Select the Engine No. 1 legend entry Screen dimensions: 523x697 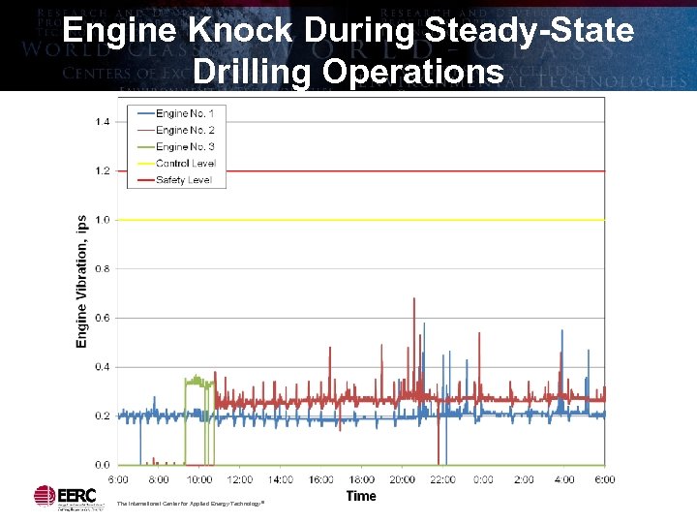point(185,114)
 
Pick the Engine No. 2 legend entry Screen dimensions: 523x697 point(185,130)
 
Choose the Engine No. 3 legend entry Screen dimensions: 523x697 point(185,146)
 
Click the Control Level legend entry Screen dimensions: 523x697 point(186,164)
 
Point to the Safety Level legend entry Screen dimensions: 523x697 point(184,180)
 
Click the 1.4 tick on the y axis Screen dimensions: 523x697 point(103,121)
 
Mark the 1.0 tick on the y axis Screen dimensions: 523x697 point(103,220)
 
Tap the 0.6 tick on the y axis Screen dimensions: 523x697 point(103,318)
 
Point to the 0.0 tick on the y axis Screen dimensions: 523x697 point(103,465)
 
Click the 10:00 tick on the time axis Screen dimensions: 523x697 point(199,479)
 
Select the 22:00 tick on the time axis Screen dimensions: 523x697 point(442,479)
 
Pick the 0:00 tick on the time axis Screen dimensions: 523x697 point(483,479)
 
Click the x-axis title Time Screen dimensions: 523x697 point(361,496)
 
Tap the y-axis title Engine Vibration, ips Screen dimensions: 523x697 point(82,281)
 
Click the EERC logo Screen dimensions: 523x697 point(59,496)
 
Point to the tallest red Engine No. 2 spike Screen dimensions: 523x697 point(414,300)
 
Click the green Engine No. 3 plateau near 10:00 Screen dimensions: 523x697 point(197,381)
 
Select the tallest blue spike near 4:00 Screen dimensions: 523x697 point(561,331)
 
